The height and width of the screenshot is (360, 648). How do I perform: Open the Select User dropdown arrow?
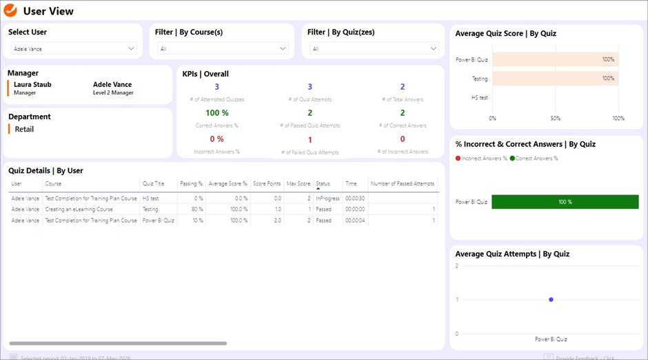click(131, 49)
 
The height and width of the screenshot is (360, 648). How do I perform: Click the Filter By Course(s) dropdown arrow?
click(283, 49)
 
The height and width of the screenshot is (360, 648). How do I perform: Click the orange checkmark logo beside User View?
click(11, 10)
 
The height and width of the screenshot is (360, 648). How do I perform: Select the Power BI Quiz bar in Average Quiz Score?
click(555, 59)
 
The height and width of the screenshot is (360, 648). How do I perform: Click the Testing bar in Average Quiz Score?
click(555, 79)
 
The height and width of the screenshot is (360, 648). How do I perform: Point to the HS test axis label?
click(480, 98)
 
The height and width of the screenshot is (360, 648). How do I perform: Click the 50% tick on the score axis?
click(556, 118)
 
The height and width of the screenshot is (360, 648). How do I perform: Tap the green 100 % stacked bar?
click(565, 202)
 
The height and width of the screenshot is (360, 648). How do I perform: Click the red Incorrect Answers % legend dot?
click(458, 159)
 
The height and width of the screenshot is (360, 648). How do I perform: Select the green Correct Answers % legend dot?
click(512, 159)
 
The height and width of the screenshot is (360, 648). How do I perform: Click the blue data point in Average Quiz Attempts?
click(551, 299)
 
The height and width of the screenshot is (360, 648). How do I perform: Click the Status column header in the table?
click(323, 184)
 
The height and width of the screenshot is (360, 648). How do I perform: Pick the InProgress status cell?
click(327, 198)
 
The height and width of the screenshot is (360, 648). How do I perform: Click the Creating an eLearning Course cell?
click(79, 209)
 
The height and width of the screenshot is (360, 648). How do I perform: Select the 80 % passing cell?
click(196, 209)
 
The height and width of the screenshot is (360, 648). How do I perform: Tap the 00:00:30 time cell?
click(355, 198)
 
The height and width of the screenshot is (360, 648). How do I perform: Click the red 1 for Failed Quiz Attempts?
click(310, 140)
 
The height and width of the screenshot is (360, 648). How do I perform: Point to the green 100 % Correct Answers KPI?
click(217, 113)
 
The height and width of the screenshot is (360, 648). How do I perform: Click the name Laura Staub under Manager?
click(32, 85)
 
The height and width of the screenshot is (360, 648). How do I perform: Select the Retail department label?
click(24, 129)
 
